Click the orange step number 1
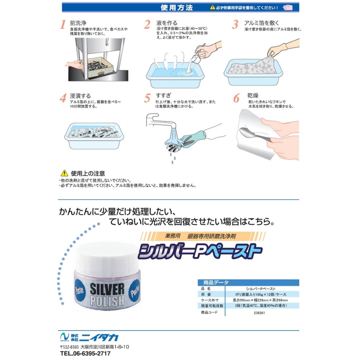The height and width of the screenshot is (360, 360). (63, 24)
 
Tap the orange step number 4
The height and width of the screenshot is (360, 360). (63, 98)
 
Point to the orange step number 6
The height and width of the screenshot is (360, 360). (236, 98)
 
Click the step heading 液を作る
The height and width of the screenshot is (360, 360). (167, 23)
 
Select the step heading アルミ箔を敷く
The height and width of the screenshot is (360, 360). (261, 23)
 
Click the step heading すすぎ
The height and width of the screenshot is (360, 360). (163, 95)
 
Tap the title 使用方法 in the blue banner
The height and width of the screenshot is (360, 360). (176, 8)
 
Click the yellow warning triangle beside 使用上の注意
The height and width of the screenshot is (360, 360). (64, 173)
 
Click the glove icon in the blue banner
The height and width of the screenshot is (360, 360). (288, 8)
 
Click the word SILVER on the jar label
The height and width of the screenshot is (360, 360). (107, 289)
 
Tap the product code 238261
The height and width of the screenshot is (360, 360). (259, 313)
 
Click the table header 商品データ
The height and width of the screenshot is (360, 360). (216, 282)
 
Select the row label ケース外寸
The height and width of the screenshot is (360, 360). (210, 300)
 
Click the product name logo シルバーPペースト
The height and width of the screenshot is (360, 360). (200, 251)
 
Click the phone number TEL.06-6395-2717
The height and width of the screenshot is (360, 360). (85, 354)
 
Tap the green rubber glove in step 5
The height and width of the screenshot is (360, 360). (193, 138)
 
